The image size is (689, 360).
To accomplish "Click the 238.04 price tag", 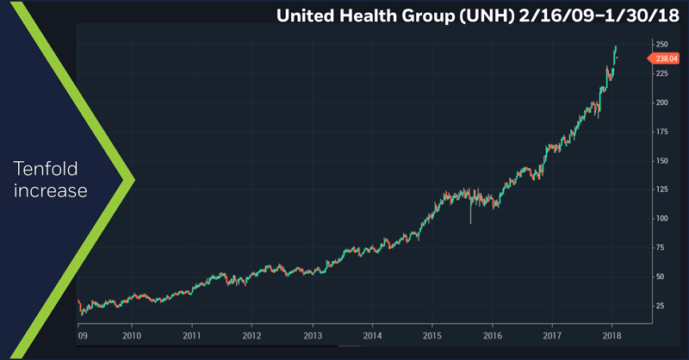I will click(x=663, y=59).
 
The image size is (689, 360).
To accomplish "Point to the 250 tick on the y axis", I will click(x=663, y=44).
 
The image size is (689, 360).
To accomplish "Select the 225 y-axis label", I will click(x=663, y=73).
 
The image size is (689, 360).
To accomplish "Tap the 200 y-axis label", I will click(x=663, y=102).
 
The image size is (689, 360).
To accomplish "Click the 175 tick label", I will click(x=663, y=132).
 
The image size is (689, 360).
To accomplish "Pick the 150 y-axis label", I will click(x=663, y=161).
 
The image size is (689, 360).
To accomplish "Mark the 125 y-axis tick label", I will click(x=663, y=189).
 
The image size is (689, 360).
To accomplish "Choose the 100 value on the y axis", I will click(x=663, y=219).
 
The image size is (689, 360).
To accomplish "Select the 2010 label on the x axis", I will click(x=132, y=336).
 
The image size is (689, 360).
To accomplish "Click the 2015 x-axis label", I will click(x=432, y=336).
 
